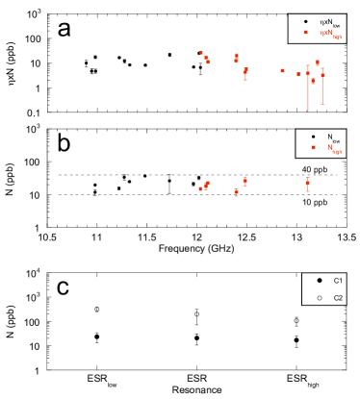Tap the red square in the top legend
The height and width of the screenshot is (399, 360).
305,33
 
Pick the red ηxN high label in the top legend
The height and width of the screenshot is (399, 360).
329,34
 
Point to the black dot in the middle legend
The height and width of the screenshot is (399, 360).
313,137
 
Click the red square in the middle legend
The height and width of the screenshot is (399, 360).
313,147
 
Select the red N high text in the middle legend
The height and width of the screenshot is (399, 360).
334,148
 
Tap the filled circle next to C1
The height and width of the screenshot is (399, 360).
320,280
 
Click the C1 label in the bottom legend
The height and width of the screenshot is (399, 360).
338,280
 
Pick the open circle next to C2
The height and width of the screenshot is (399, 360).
320,298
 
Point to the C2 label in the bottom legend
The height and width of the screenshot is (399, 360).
338,298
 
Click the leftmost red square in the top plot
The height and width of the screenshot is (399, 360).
200,53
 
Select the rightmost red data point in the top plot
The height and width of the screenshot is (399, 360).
322,73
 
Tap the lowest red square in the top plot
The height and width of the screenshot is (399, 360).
313,82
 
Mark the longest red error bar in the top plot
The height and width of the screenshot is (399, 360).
308,88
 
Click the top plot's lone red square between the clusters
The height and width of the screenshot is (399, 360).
282,70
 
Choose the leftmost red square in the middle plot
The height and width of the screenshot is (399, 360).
200,188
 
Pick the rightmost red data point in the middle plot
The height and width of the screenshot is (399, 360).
308,182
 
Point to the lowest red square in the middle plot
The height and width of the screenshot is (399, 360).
236,193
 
